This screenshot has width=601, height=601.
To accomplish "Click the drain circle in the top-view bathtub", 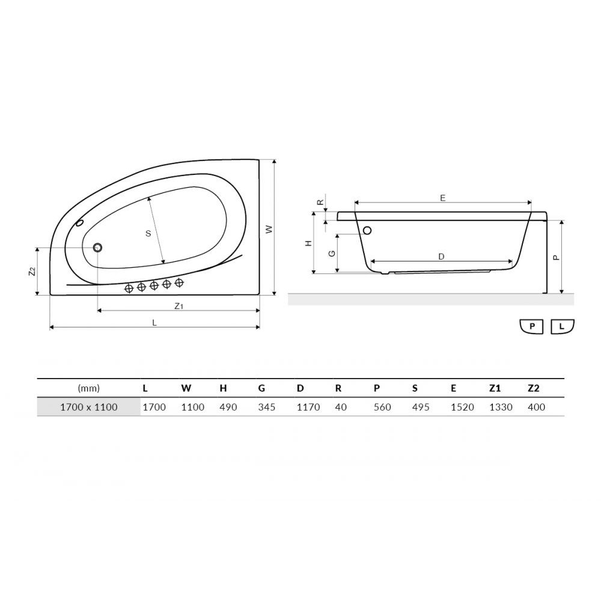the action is [97, 248].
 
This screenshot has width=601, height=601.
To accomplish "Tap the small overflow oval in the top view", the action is [80, 223].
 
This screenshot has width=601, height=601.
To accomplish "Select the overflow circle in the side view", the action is [367, 230].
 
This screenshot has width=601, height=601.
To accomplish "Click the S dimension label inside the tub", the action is [148, 233].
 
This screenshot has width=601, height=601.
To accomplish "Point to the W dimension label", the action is [269, 229].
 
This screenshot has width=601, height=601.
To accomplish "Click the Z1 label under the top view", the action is [178, 306].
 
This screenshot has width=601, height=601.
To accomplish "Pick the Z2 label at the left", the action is [32, 272].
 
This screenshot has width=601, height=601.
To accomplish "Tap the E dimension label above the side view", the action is [443, 198].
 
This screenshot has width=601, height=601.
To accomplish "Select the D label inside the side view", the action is [441, 257].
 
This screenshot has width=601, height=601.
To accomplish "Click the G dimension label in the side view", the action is [332, 254].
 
